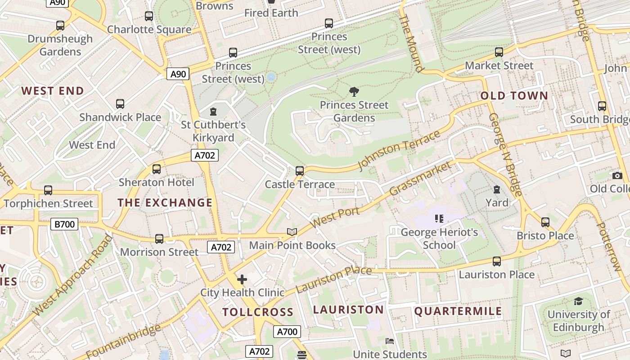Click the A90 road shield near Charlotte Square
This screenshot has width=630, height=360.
pyautogui.click(x=178, y=74)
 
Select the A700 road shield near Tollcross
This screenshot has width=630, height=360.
pyautogui.click(x=287, y=332)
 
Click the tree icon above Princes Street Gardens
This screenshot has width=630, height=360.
pyautogui.click(x=354, y=92)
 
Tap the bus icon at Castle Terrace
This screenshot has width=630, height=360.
pyautogui.click(x=300, y=171)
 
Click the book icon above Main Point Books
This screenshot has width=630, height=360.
pyautogui.click(x=292, y=232)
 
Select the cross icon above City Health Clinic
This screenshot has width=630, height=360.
pyautogui.click(x=242, y=279)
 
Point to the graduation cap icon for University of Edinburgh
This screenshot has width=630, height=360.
pyautogui.click(x=578, y=301)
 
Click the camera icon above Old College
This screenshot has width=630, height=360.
pyautogui.click(x=617, y=175)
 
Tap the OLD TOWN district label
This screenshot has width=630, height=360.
pyautogui.click(x=514, y=95)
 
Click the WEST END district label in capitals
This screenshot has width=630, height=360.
pyautogui.click(x=53, y=91)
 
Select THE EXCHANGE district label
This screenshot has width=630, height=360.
pyautogui.click(x=165, y=202)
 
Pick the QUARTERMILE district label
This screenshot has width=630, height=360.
pyautogui.click(x=458, y=311)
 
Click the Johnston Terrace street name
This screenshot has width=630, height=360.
pyautogui.click(x=399, y=151)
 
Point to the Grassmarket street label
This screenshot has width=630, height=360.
pyautogui.click(x=420, y=179)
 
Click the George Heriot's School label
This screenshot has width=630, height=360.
pyautogui.click(x=439, y=238)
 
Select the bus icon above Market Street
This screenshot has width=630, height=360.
pyautogui.click(x=499, y=52)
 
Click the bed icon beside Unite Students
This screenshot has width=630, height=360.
pyautogui.click(x=390, y=341)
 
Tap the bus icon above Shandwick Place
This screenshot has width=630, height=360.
pyautogui.click(x=120, y=104)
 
